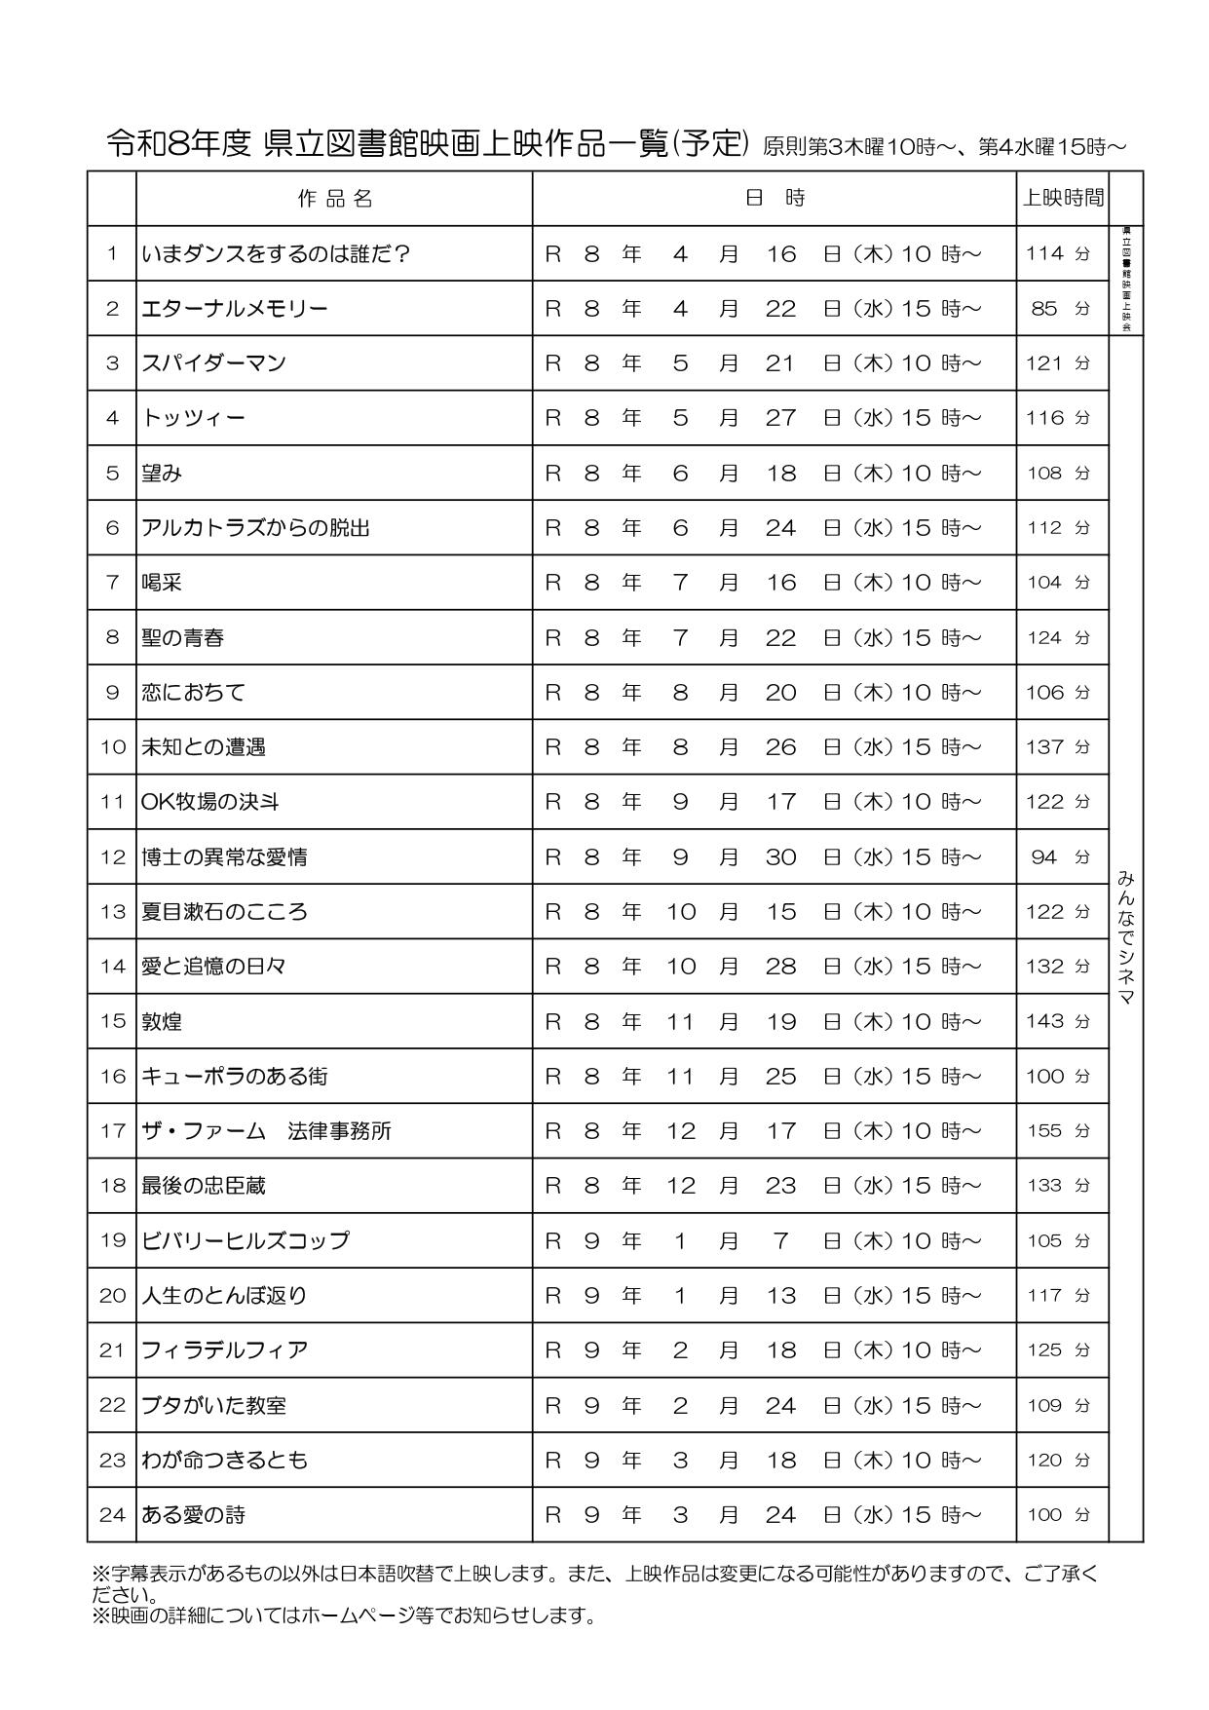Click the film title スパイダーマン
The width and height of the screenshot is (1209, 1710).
(x=214, y=363)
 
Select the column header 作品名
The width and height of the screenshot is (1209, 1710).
(x=334, y=199)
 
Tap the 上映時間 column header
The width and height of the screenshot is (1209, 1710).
(x=1062, y=199)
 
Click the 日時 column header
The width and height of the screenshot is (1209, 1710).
(x=775, y=199)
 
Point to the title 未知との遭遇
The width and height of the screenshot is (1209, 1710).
(x=204, y=747)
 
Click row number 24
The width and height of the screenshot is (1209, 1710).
(x=112, y=1515)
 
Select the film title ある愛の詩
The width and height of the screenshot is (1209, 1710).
(x=193, y=1515)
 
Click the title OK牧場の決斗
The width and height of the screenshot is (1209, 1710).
(x=210, y=802)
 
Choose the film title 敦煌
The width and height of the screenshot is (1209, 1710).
(x=162, y=1021)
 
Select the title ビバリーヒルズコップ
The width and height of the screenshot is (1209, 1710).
(x=245, y=1240)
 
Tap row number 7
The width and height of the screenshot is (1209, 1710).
(x=112, y=583)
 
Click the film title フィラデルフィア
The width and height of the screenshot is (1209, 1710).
(x=224, y=1350)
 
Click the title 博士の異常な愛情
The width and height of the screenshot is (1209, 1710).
(x=224, y=857)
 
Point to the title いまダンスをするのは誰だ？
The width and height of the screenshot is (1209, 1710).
(x=276, y=254)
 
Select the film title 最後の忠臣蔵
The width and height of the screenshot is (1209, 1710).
(x=204, y=1186)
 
